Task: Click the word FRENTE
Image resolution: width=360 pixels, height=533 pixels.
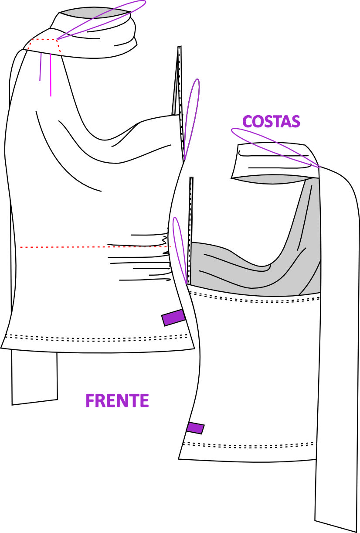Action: pyautogui.click(x=117, y=400)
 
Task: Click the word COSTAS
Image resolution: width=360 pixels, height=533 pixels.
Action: pyautogui.click(x=271, y=121)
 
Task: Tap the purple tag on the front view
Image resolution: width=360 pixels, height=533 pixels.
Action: pyautogui.click(x=173, y=318)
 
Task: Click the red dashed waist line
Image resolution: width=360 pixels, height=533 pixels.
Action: pyautogui.click(x=95, y=247)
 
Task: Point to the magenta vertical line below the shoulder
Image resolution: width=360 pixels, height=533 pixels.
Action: pyautogui.click(x=51, y=75)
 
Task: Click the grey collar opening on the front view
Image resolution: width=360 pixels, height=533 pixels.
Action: pyautogui.click(x=95, y=12)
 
